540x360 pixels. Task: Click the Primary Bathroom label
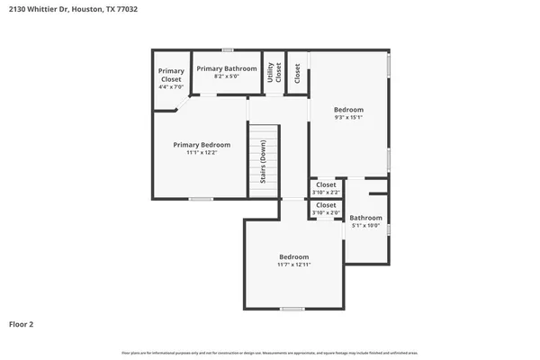coord(227,68)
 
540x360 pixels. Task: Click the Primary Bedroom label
coord(202,144)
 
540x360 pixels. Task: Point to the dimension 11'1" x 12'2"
coord(202,153)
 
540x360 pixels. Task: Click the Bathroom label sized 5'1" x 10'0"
coord(366,218)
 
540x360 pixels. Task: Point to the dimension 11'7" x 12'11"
coord(293,265)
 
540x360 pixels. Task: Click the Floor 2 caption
coord(22,323)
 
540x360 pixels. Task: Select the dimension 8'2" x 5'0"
coord(227,76)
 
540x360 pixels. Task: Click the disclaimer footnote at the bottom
coord(269,352)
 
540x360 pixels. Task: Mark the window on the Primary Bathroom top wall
coord(229,49)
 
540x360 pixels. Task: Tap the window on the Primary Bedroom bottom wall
coord(201,199)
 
